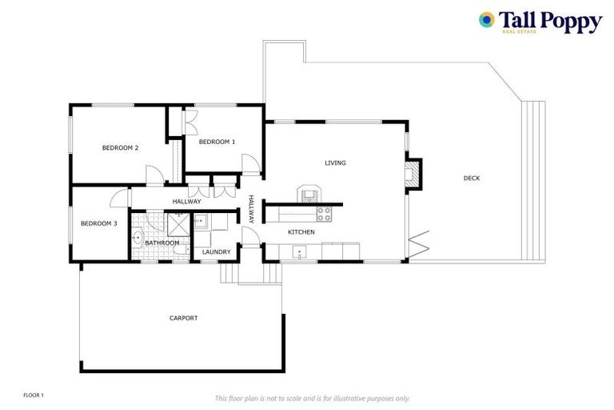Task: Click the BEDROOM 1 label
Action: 217,142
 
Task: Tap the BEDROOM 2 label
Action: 121,148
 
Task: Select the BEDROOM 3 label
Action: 99,223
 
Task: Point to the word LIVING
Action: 335,163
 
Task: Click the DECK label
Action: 472,179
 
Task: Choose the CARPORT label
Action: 183,319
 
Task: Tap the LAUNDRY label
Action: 216,252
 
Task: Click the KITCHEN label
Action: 301,232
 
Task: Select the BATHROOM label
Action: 161,243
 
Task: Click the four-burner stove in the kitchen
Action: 324,214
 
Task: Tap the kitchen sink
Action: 300,253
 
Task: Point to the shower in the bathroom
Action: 178,223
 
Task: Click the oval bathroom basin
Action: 138,237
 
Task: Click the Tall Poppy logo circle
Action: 486,19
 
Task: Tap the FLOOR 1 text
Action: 34,396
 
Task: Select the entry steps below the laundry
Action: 229,274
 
